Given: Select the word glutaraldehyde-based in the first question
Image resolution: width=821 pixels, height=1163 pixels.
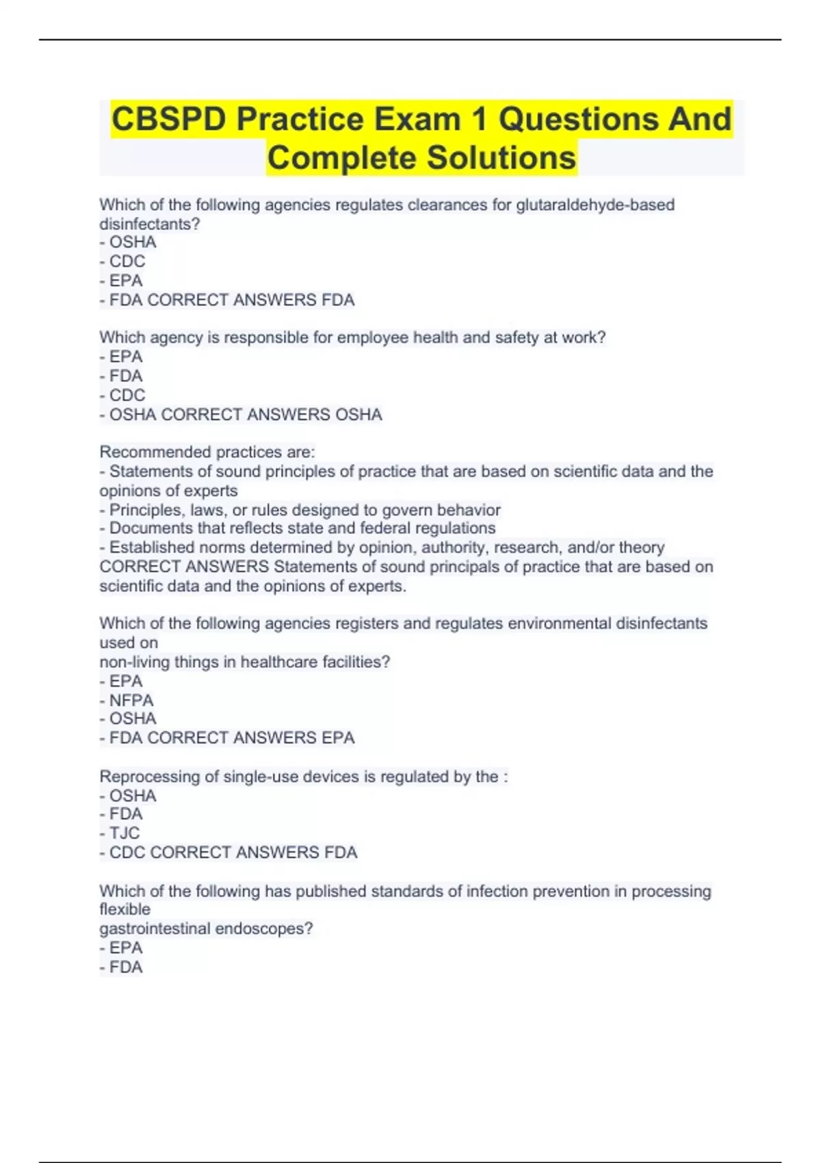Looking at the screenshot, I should (595, 205).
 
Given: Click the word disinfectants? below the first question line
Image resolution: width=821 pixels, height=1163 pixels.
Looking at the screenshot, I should (149, 224).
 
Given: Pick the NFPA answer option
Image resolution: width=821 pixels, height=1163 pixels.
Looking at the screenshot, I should (131, 700).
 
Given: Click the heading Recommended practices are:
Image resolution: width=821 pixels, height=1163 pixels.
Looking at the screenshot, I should (207, 452).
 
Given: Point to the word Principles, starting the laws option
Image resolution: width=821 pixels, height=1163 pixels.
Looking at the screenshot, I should (147, 510).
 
